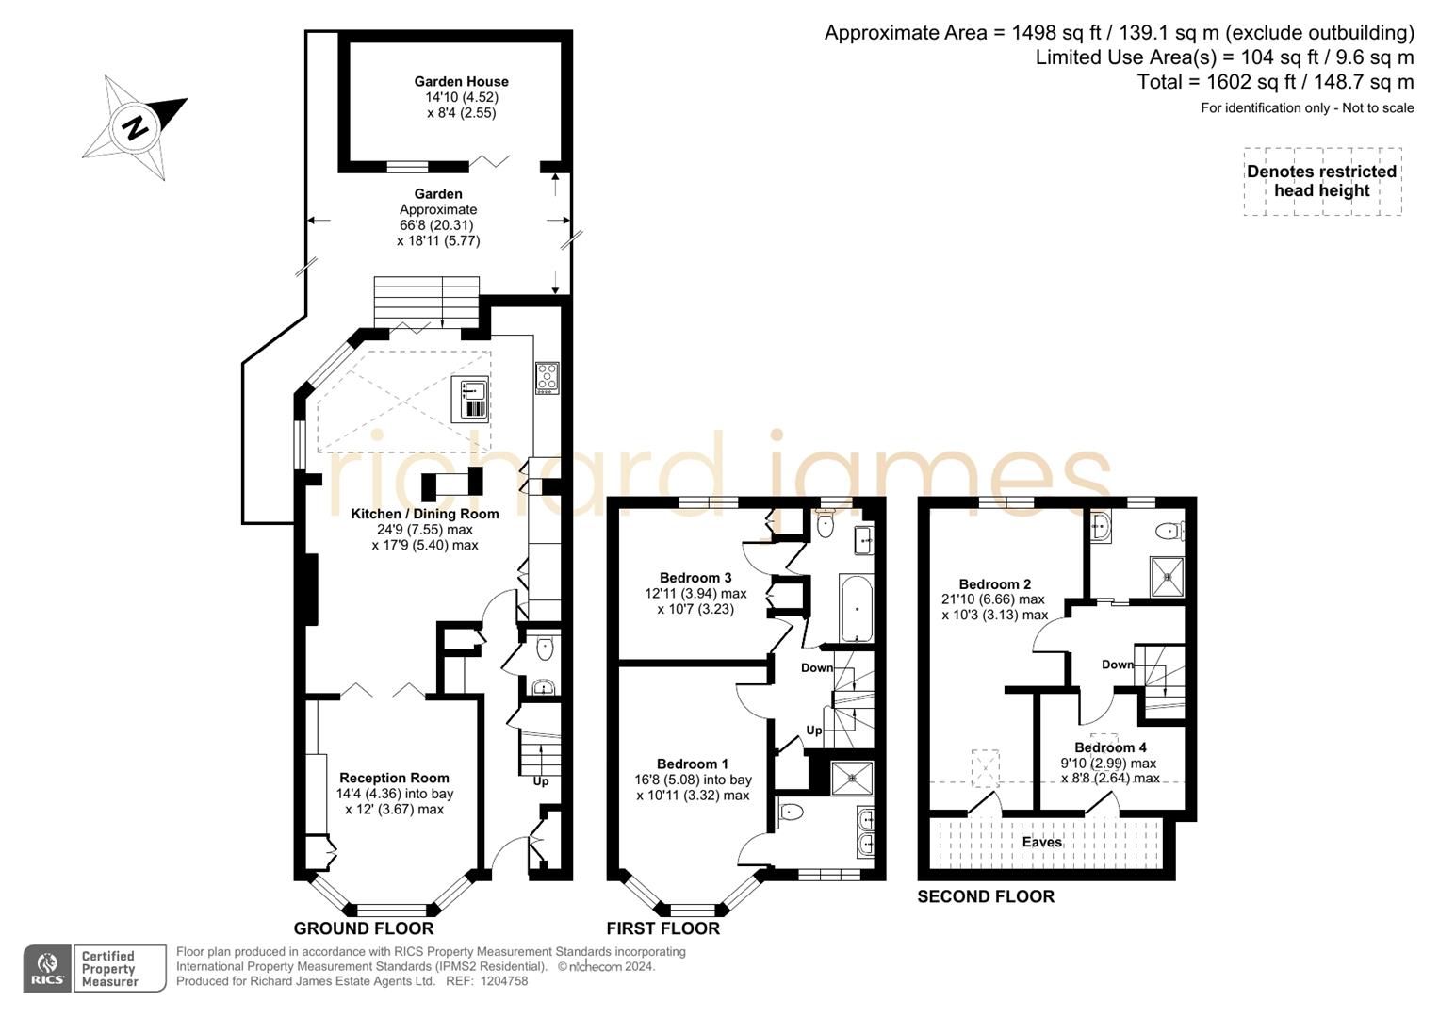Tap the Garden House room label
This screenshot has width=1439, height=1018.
click(x=461, y=82)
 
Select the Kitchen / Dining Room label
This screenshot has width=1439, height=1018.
click(x=424, y=514)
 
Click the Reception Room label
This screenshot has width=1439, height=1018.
click(x=394, y=778)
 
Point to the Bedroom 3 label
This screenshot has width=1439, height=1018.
click(x=695, y=578)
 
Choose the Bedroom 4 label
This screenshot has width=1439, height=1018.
click(x=1110, y=747)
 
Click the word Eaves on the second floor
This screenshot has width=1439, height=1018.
click(x=1041, y=842)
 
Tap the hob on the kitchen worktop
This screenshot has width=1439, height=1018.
click(x=547, y=377)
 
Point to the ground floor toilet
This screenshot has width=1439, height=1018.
click(x=544, y=649)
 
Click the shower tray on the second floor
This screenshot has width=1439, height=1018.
click(x=1166, y=577)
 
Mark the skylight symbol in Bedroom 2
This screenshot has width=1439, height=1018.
click(x=985, y=768)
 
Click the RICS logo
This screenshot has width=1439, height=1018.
click(x=47, y=968)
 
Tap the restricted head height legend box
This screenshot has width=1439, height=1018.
click(x=1321, y=181)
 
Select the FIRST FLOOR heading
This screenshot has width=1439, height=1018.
click(x=662, y=928)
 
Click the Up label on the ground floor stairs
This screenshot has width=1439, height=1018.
click(x=541, y=781)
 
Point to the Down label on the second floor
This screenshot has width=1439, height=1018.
click(x=1118, y=665)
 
